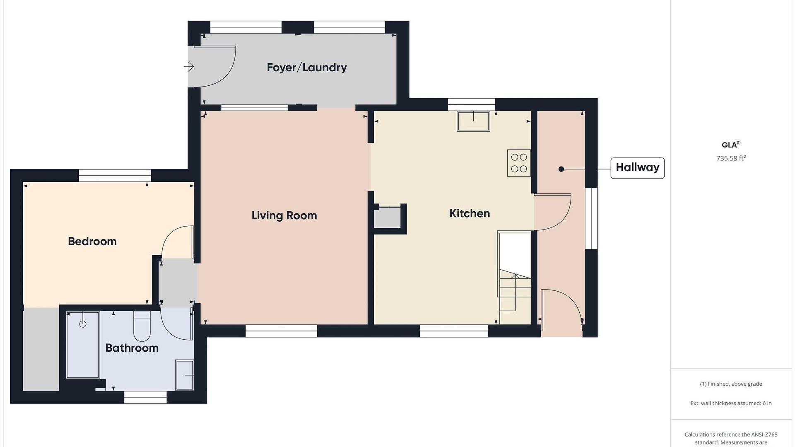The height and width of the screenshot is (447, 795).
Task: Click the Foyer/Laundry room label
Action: (x=307, y=68)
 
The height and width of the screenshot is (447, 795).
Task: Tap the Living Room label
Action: (x=284, y=215)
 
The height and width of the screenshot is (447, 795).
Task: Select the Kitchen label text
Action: (x=470, y=213)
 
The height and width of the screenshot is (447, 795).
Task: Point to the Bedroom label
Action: (x=92, y=241)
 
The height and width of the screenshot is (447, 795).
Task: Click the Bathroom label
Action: (x=132, y=348)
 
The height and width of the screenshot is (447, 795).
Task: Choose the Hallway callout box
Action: (x=638, y=168)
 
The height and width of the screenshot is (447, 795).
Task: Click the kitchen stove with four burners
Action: (x=519, y=163)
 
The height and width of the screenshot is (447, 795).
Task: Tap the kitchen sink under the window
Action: (x=473, y=121)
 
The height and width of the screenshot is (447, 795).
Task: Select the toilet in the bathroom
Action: (x=142, y=326)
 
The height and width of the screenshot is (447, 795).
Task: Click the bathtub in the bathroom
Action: (x=83, y=345)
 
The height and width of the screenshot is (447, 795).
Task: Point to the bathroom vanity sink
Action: (x=185, y=375)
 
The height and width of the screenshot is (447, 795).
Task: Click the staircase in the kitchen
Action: (x=514, y=278)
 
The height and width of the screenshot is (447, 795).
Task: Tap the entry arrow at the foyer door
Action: (x=189, y=66)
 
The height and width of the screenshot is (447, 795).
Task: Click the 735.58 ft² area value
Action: (x=731, y=158)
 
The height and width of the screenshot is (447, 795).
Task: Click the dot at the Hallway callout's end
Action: (x=561, y=169)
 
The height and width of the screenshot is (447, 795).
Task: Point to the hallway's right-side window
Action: (x=591, y=219)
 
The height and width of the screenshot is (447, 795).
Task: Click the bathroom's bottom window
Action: (x=145, y=397)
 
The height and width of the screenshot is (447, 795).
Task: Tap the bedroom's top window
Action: (x=115, y=176)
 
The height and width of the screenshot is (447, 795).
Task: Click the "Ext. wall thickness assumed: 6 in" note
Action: (x=731, y=403)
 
